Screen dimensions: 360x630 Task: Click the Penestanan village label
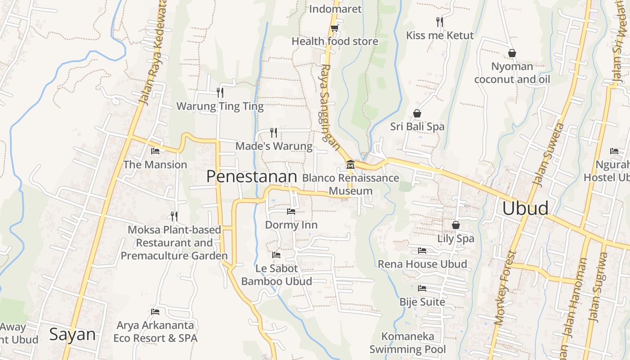point(252,176)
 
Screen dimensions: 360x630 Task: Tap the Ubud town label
point(525,208)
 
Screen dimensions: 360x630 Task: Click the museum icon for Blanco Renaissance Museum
point(350,165)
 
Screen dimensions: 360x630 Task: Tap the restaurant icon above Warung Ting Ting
point(220,93)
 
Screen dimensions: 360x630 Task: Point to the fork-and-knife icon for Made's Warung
point(273,132)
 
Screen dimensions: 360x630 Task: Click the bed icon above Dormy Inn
point(291,211)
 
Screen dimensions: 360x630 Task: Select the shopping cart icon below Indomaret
point(334,28)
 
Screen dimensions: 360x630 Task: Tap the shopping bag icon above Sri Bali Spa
point(417,113)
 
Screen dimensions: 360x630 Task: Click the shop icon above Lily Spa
point(456,225)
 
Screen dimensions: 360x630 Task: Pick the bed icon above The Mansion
point(155,151)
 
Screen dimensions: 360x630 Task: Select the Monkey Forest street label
point(504,288)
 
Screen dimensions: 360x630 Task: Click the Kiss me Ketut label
point(440,36)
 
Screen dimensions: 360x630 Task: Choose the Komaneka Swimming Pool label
point(408,342)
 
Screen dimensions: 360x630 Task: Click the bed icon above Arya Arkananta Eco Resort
point(155,311)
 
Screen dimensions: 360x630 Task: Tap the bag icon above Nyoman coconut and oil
point(512,53)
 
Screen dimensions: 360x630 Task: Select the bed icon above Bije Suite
point(422,288)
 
